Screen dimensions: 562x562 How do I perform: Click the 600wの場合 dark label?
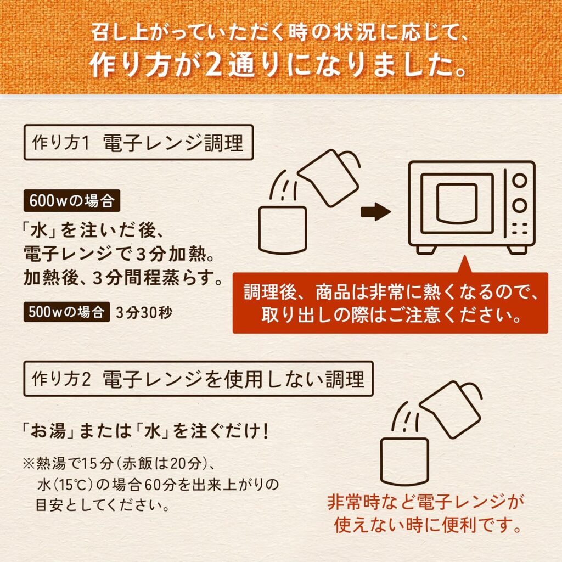[72, 201]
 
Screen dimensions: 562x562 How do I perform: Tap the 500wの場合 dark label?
[66, 312]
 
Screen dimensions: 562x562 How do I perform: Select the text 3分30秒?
[144, 313]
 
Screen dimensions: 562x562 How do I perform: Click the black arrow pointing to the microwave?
[375, 211]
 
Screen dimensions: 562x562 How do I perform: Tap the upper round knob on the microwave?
[519, 181]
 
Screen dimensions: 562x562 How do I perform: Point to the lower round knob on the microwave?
[519, 205]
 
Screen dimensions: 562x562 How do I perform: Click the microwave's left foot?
[426, 250]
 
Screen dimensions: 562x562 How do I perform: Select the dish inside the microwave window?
[457, 203]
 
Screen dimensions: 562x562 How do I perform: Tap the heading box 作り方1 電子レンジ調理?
[138, 142]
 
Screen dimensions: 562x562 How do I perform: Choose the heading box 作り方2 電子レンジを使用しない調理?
[198, 379]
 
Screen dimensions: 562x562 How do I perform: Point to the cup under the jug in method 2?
[404, 462]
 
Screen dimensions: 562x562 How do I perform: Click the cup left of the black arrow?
[283, 230]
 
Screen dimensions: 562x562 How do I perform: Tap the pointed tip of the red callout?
[465, 256]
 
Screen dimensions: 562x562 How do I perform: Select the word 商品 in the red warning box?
[333, 292]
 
